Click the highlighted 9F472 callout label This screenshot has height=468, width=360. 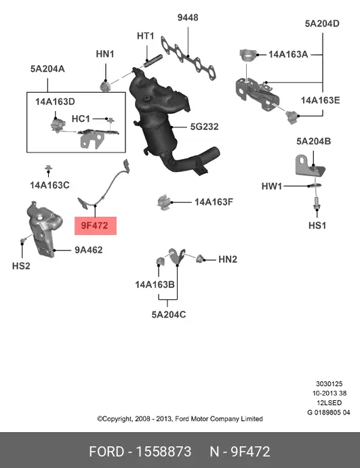point(96,226)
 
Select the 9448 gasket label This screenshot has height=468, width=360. point(188,18)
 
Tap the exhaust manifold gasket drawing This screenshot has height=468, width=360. point(188,58)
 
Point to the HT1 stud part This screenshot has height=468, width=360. point(153,61)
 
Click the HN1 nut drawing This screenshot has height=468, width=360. point(105,86)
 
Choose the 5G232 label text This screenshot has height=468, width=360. point(204,127)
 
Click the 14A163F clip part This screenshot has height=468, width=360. point(163,203)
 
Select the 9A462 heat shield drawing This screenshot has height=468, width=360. point(44,229)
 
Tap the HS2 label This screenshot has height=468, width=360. point(21,265)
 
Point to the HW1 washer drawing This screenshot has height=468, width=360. point(315,185)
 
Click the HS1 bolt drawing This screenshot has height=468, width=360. point(316,203)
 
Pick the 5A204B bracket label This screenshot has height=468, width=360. point(313,141)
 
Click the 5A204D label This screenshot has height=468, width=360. point(322,24)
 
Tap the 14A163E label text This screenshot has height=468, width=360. point(320,100)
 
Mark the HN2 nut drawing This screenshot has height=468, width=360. point(199,259)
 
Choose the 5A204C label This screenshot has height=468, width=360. point(169,314)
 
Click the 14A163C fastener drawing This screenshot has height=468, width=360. point(48,169)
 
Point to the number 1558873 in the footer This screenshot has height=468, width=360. point(163,451)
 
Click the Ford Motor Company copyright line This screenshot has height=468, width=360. point(180,419)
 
